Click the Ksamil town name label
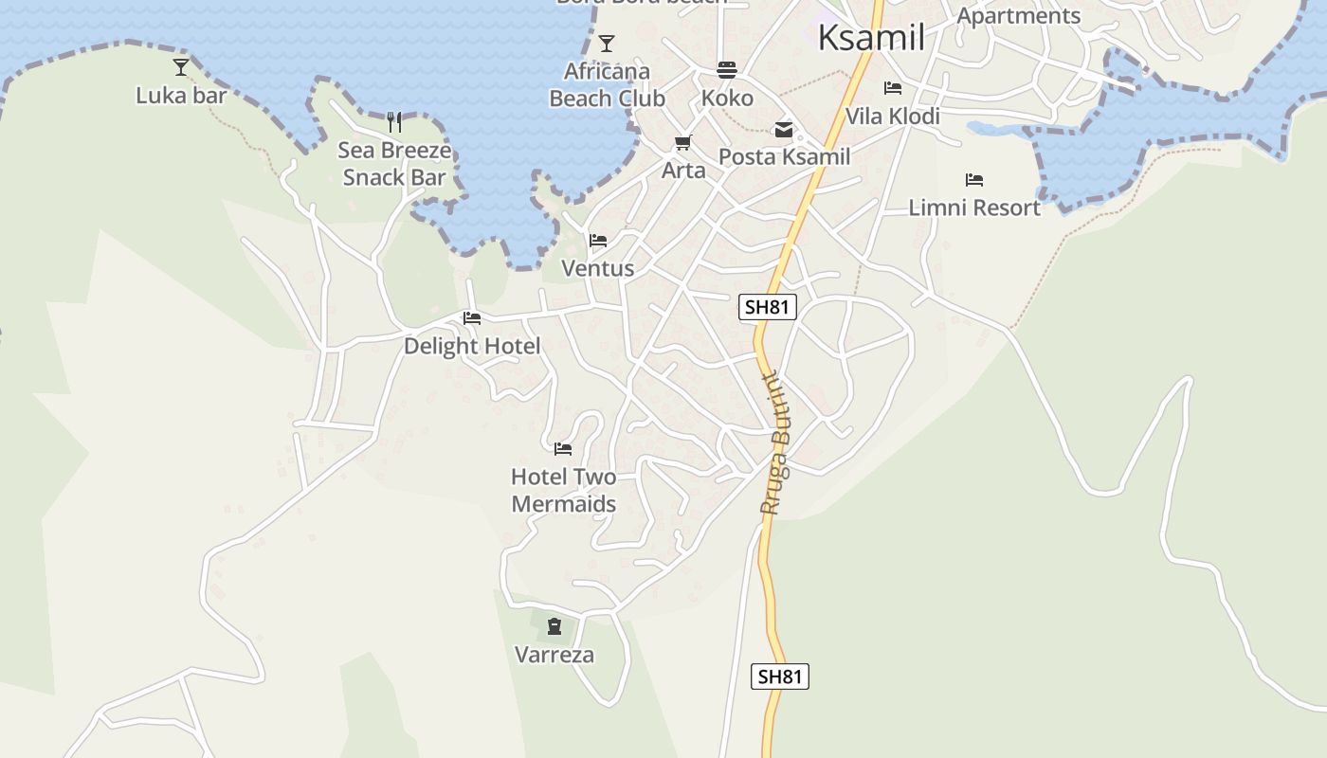(x=870, y=38)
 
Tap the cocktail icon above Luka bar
(x=181, y=66)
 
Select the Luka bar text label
(x=181, y=96)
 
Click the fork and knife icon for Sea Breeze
(x=394, y=121)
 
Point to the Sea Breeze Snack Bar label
(x=394, y=164)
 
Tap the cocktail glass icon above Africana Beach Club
(x=607, y=44)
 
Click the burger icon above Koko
(x=727, y=69)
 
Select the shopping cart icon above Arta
(x=683, y=142)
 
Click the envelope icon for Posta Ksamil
(x=784, y=129)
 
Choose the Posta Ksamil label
(x=784, y=157)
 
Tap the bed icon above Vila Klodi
(x=893, y=88)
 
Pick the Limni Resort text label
(x=974, y=208)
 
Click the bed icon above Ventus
(x=598, y=240)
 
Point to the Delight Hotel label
(x=472, y=346)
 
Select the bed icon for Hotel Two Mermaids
(x=563, y=448)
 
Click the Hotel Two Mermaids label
(x=563, y=490)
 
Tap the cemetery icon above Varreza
(x=554, y=625)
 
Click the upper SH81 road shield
(x=767, y=307)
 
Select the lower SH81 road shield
(x=781, y=677)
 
